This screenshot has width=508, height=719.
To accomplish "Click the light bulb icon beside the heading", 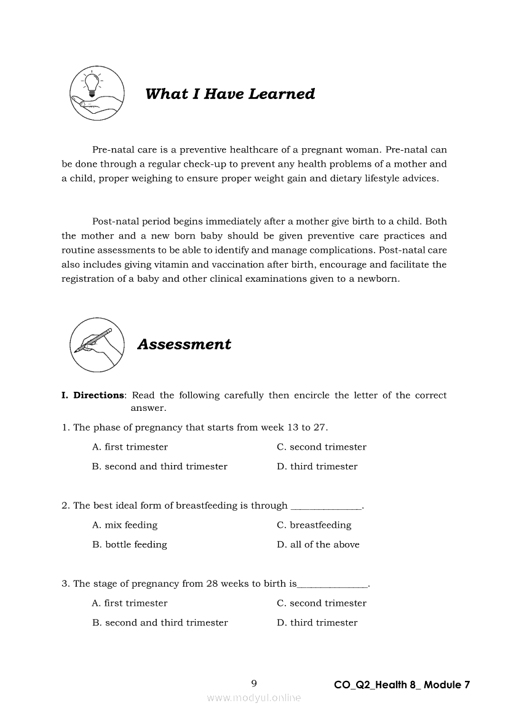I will (x=97, y=93).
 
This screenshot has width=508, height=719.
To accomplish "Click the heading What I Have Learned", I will (x=230, y=94).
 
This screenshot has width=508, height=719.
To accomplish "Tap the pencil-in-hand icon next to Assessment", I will (x=97, y=344).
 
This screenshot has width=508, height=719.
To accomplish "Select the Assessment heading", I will (x=184, y=344).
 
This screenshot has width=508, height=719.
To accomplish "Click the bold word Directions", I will (x=98, y=395).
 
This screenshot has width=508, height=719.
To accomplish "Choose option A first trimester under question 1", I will (x=130, y=447).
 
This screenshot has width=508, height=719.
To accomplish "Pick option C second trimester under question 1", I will (x=321, y=447).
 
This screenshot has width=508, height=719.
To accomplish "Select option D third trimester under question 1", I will (x=317, y=467).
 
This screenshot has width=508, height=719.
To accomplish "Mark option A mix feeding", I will (x=125, y=525).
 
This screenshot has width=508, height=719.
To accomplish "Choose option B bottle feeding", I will (x=129, y=545).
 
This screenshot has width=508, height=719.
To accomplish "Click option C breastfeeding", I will (x=314, y=525).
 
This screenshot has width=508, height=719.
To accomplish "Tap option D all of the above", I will (x=318, y=545).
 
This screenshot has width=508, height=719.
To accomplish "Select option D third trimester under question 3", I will (x=317, y=623).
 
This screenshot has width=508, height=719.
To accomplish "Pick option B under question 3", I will (x=160, y=623).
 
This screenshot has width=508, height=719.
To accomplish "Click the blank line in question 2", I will (x=326, y=507).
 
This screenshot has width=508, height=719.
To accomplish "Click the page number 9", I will (x=254, y=684).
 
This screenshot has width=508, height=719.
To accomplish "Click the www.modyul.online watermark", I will (x=254, y=698).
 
